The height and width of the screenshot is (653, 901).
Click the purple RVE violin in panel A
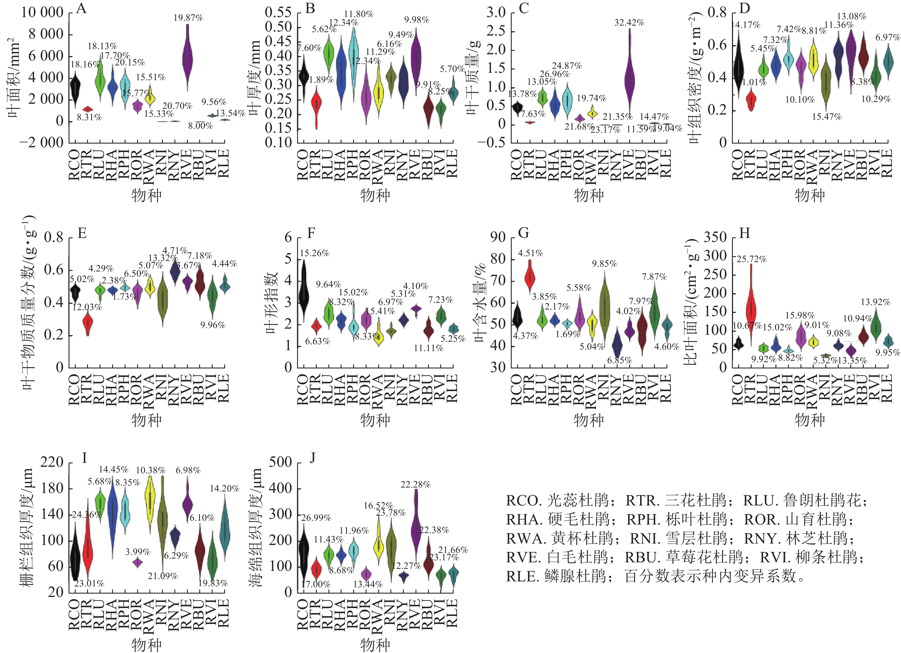click(188, 57)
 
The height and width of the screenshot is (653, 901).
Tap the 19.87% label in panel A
click(188, 17)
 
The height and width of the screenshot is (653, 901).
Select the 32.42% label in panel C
click(629, 23)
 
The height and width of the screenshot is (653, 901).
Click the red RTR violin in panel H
click(751, 310)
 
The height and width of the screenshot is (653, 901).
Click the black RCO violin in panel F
click(304, 294)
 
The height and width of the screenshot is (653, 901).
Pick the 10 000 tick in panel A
click(42, 13)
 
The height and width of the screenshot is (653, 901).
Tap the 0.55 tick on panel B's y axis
click(278, 13)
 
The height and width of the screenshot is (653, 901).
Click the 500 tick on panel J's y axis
click(281, 463)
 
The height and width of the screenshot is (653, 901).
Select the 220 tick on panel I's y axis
click(52, 463)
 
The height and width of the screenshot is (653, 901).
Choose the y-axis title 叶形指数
click(271, 302)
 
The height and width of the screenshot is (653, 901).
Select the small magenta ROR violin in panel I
click(137, 562)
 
